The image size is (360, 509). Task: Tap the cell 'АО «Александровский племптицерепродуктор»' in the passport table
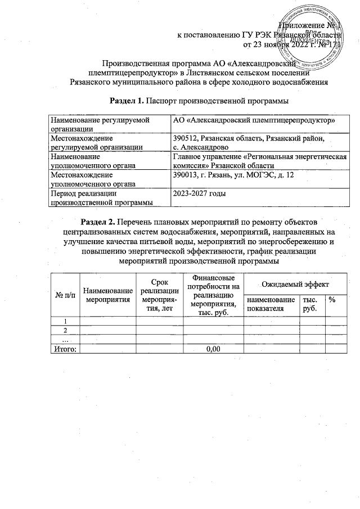click(x=254, y=120)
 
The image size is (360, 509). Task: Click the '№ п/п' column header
click(x=65, y=295)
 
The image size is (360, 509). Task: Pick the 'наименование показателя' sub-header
click(x=271, y=304)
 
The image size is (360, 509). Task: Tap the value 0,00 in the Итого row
click(x=213, y=349)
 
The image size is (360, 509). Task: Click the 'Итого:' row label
click(x=64, y=349)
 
